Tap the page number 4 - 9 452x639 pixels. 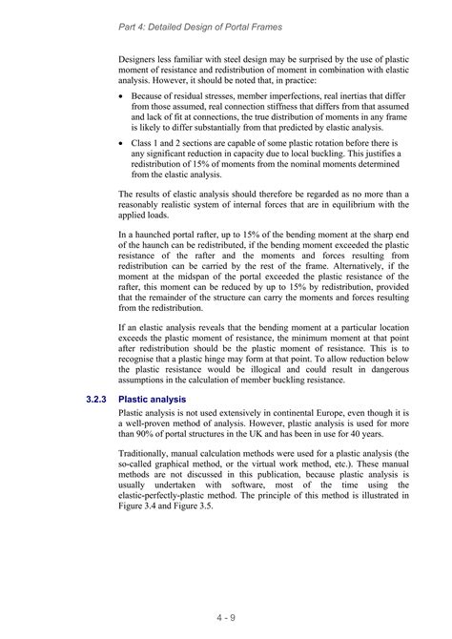[x=225, y=617]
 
